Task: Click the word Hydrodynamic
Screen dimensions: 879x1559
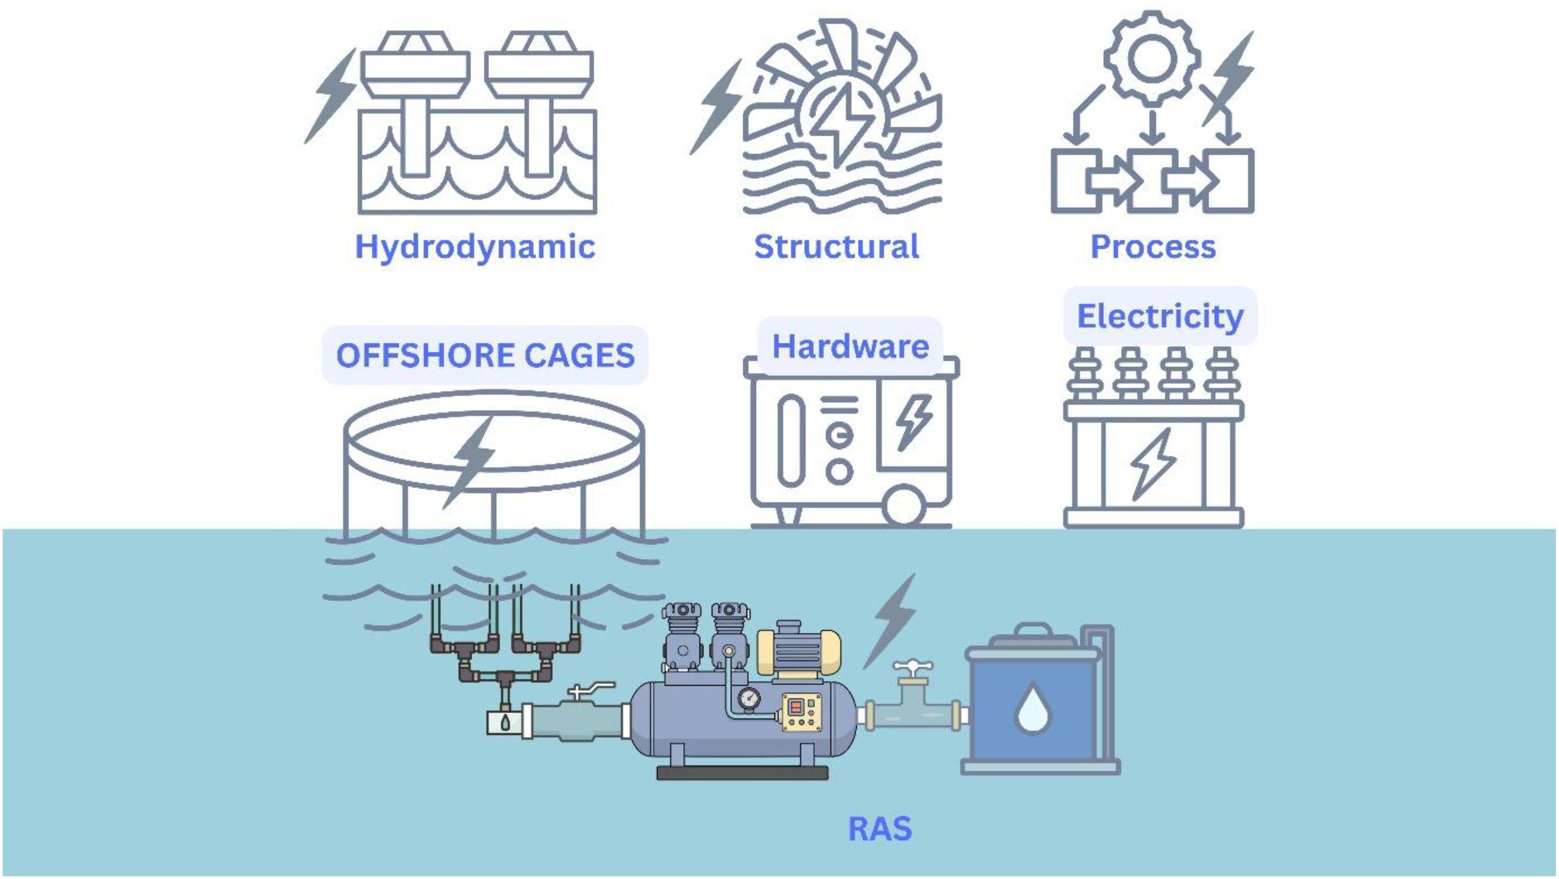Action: pos(475,247)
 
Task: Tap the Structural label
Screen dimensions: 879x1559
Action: pos(836,247)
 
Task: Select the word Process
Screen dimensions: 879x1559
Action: pos(1153,247)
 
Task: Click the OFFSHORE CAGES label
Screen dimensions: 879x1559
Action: pos(485,355)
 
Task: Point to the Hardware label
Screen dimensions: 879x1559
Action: pos(850,346)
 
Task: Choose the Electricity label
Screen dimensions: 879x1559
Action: pos(1160,316)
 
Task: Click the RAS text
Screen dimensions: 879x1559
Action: pos(880,828)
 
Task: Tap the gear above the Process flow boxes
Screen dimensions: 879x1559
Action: pos(1152,59)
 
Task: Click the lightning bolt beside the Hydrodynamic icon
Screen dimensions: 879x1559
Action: pos(334,95)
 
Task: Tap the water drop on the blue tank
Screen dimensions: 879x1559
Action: pos(1033,708)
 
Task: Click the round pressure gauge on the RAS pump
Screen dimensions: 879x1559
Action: pos(749,699)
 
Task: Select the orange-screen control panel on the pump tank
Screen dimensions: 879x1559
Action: pos(802,712)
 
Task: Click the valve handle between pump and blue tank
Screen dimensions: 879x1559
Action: pos(912,667)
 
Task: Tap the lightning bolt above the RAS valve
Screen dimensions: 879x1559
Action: pos(892,621)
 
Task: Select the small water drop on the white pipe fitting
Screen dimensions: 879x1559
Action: pos(505,722)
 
